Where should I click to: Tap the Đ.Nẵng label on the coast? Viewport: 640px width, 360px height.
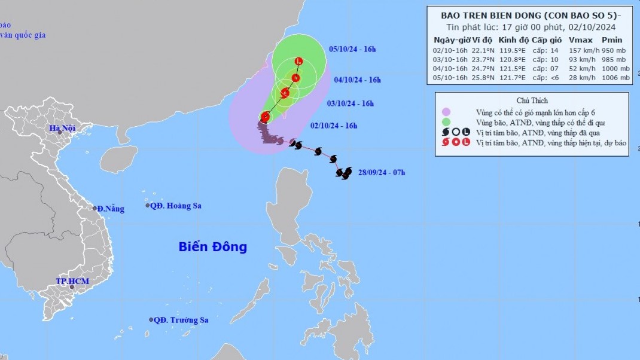click(111, 208)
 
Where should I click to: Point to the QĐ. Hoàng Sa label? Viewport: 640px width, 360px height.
click(176, 206)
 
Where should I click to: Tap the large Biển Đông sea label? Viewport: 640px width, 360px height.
click(212, 246)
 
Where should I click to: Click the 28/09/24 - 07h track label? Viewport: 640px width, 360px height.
click(381, 173)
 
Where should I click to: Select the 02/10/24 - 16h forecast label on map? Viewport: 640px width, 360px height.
click(334, 126)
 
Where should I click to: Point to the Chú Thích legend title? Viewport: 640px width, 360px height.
click(532, 100)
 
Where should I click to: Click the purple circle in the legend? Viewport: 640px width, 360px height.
click(446, 112)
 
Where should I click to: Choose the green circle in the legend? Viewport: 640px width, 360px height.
click(446, 122)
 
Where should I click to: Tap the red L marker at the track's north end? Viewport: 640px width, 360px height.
click(299, 61)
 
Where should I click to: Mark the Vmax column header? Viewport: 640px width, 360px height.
click(577, 39)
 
